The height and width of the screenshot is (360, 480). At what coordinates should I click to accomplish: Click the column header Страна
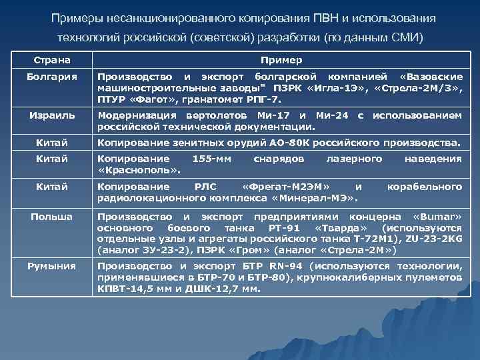(51, 60)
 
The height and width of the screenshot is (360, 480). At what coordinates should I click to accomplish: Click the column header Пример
(281, 60)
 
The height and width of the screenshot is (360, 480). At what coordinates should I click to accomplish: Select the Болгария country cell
(51, 77)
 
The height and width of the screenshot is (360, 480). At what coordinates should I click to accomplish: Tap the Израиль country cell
(51, 115)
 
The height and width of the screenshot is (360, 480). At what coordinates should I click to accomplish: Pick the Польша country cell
(51, 217)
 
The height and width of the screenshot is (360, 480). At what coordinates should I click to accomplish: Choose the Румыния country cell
(51, 266)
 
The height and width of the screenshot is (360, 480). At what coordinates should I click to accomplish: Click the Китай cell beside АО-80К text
(51, 142)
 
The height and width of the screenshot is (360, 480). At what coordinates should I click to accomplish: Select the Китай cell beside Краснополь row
(51, 159)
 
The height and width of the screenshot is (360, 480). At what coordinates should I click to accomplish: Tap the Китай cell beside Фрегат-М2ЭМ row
(51, 187)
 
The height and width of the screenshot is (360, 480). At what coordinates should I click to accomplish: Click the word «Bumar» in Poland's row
(437, 217)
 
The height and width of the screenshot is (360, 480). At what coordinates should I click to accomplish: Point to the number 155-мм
(211, 159)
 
